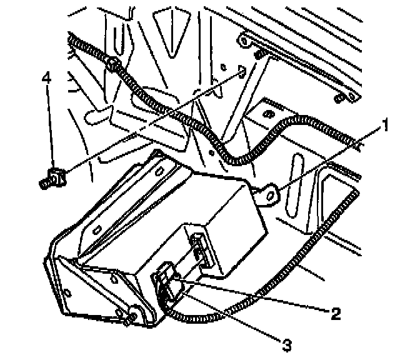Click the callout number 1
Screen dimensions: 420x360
[386, 126]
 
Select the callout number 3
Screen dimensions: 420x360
[286, 343]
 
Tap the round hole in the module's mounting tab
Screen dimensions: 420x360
[270, 195]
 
